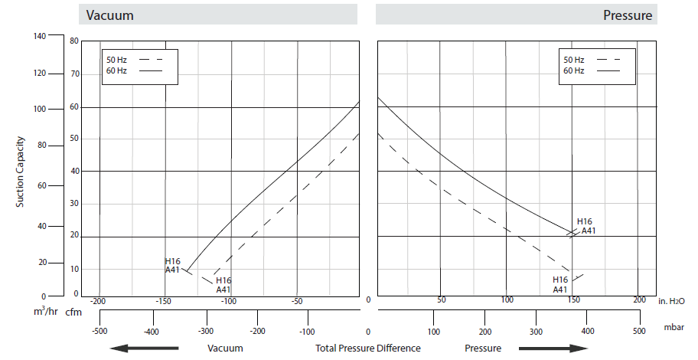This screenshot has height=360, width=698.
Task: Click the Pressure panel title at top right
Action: [x=628, y=15]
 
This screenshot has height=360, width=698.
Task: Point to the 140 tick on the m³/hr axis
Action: [x=40, y=35]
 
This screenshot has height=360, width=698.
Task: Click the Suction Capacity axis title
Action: [x=21, y=172]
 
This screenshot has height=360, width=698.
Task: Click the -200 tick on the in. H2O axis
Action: [x=98, y=302]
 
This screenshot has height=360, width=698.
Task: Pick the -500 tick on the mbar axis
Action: [x=99, y=332]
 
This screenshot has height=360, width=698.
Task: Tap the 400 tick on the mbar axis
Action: [x=589, y=332]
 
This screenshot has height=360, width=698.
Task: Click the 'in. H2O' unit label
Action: [x=672, y=303]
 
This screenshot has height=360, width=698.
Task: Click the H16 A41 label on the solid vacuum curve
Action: [x=172, y=266]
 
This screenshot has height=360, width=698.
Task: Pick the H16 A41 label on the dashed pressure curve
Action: [x=561, y=285]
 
